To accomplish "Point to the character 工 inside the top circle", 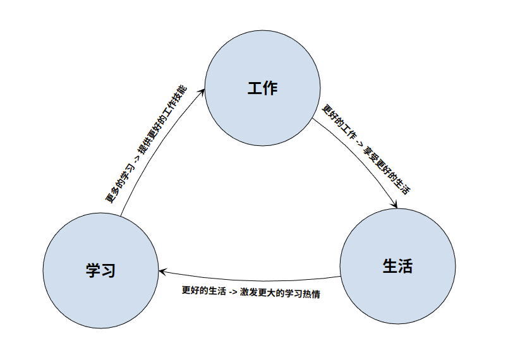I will pyautogui.click(x=255, y=88).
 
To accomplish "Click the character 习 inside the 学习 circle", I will pyautogui.click(x=109, y=270).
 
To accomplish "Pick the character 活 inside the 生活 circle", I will pyautogui.click(x=406, y=266).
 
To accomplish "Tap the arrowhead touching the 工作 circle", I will pyautogui.click(x=203, y=91).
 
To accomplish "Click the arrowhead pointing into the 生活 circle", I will pyautogui.click(x=395, y=205).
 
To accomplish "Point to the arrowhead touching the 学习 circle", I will pyautogui.click(x=162, y=272).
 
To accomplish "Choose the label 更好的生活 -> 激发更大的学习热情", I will pyautogui.click(x=250, y=293).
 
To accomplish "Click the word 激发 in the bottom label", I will pyautogui.click(x=248, y=293).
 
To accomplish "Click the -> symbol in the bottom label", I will pyautogui.click(x=233, y=293).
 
